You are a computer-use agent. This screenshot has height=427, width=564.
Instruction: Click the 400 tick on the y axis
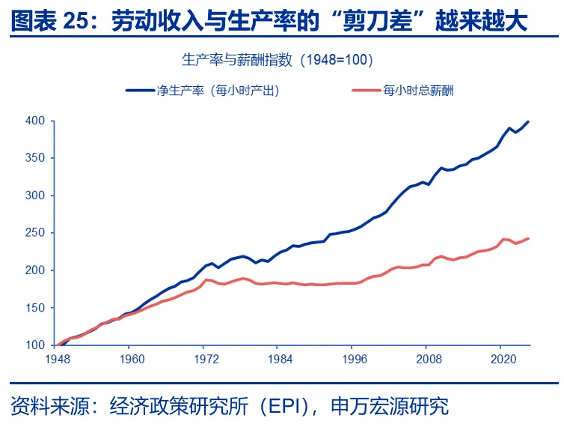(x=36, y=121)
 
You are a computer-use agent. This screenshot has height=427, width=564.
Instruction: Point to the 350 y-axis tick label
(x=36, y=158)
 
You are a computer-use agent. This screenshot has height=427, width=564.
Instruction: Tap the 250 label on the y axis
(x=36, y=233)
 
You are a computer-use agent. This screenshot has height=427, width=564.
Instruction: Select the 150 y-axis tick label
(x=36, y=308)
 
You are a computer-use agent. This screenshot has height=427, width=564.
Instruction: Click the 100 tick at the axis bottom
(x=36, y=345)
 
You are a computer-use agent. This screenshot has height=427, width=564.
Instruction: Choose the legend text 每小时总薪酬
(x=418, y=91)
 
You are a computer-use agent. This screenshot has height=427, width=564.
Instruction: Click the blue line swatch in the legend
(x=139, y=91)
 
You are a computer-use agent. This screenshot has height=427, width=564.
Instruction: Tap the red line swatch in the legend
(x=365, y=91)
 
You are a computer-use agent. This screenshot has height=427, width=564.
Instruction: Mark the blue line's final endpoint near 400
(x=529, y=121)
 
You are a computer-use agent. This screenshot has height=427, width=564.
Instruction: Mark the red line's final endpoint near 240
(x=529, y=238)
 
